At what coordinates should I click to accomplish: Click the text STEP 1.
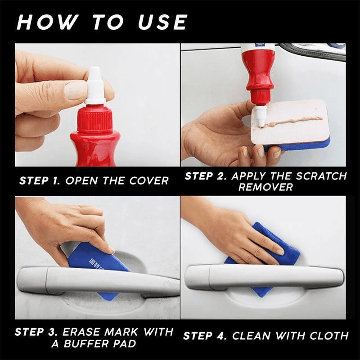40,181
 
